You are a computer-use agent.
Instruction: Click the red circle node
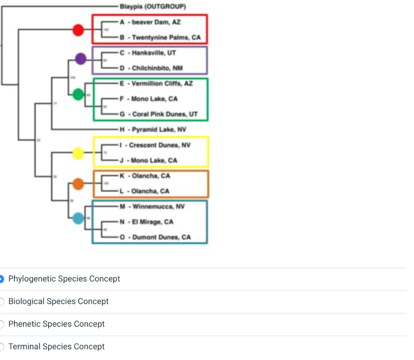coord(78,30)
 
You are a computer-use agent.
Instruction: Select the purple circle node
coord(81,59)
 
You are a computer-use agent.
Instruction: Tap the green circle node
coord(78,95)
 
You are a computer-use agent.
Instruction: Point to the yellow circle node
coord(78,153)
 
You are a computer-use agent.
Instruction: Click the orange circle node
coord(78,184)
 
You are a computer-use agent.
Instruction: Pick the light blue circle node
coord(78,219)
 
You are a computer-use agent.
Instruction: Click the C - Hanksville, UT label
coord(148,53)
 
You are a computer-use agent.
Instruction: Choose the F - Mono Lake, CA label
coord(148,99)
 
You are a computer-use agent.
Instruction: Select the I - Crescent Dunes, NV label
coord(155,145)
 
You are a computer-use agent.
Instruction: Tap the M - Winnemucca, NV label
coord(152,207)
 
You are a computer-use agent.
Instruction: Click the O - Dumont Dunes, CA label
coord(155,237)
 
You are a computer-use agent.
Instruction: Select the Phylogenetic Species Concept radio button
coord(2,279)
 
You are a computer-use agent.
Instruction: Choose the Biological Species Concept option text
coord(58,301)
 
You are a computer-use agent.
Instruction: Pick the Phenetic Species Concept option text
coord(56,324)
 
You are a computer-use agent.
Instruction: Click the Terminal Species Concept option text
coord(56,347)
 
